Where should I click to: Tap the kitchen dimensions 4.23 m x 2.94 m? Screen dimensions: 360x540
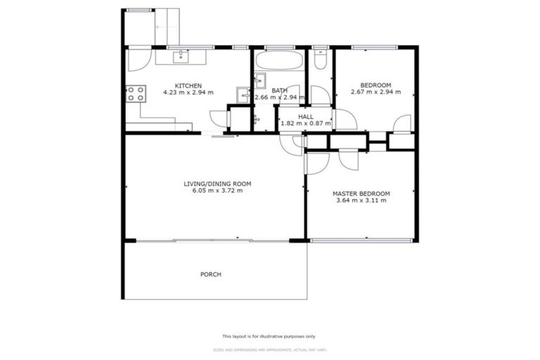point(188,93)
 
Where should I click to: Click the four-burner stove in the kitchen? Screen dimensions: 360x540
point(136,94)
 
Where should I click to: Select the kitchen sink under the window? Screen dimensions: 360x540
point(182,55)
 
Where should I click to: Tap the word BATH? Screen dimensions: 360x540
point(280,90)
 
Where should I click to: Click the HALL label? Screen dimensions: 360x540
point(306,117)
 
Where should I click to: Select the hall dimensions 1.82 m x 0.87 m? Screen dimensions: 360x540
point(306,124)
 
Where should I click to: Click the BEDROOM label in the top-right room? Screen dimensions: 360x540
point(375,85)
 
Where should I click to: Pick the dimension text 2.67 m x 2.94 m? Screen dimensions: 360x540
point(375,92)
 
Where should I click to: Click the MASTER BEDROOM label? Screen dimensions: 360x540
point(361,193)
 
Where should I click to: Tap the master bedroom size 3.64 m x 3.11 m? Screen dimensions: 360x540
point(361,200)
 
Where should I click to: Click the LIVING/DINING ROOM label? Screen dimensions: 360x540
point(217,184)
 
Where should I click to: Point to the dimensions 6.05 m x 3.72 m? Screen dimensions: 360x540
point(217,191)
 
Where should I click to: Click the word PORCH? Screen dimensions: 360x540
point(211,274)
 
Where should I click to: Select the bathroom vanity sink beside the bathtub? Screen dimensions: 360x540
point(259,78)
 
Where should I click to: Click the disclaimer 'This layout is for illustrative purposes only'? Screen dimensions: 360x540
point(269,336)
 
